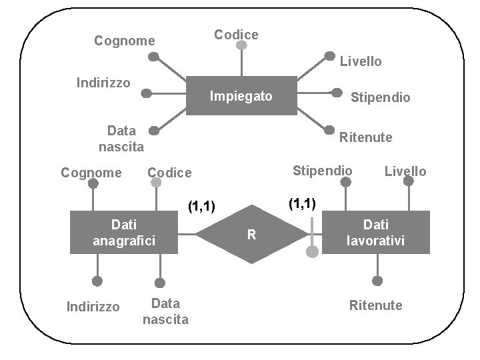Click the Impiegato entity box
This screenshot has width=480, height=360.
tap(241, 97)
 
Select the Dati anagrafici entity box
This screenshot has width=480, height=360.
tap(124, 231)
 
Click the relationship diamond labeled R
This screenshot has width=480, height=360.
tap(251, 234)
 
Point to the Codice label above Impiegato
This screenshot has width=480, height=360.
tap(236, 34)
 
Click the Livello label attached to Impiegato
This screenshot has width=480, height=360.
tap(361, 61)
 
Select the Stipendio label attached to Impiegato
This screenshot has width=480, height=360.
tap(381, 97)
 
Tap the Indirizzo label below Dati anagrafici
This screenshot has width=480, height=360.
tap(93, 307)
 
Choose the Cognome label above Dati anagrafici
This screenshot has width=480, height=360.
tap(91, 173)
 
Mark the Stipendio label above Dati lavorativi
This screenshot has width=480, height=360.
tap(323, 170)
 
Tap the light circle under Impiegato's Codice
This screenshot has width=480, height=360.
tap(241, 47)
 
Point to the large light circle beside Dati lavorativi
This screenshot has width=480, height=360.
tap(312, 252)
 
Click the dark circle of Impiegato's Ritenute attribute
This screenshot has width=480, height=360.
tap(329, 129)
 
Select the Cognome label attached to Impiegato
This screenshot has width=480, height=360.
tap(125, 41)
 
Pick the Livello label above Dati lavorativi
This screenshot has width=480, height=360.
tap(405, 171)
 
